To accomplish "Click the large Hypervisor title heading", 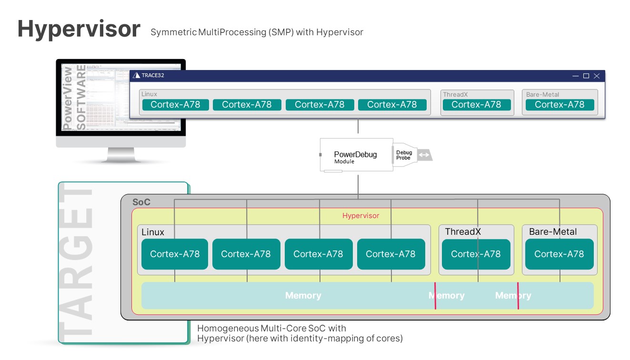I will coord(79,29).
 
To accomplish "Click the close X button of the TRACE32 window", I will coord(597,76).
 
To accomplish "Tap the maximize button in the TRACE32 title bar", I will coord(586,76).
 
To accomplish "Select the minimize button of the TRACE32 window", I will coord(576,76).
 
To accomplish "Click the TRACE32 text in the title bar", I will coord(152,75).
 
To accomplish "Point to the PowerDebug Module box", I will coord(355,155).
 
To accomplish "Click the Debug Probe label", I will coord(404,155).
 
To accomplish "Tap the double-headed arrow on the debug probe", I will coord(424,155).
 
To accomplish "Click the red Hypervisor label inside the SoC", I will coord(360,216).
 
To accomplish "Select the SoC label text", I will coord(141,202).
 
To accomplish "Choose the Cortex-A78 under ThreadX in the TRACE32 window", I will coord(476,105).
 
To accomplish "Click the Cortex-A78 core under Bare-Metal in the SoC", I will coord(559,254).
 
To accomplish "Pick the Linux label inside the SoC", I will coord(152,232).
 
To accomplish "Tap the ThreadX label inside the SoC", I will coord(463,232).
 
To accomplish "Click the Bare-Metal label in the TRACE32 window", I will coord(542,95).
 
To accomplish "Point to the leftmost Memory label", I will coord(303,296).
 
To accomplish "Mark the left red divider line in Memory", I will coord(435,296).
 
